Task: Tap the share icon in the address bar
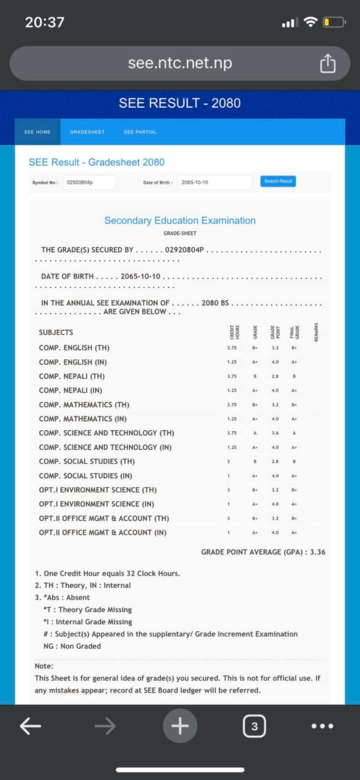[327, 64]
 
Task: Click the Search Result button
[278, 181]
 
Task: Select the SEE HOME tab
[37, 132]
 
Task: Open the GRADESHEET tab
[87, 132]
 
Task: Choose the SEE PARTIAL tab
[140, 132]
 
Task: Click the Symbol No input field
[89, 183]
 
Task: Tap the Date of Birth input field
[214, 183]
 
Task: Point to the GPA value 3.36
[317, 552]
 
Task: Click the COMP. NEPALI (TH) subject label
[72, 376]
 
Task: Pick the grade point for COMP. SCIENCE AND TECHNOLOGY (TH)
[275, 433]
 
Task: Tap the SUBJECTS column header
[56, 332]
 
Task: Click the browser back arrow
[30, 726]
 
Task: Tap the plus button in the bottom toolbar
[180, 726]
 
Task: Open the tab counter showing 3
[254, 726]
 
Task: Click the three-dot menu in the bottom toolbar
[322, 726]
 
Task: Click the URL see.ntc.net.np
[180, 64]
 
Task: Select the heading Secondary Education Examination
[180, 221]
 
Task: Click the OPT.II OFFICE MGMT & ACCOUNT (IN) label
[103, 532]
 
